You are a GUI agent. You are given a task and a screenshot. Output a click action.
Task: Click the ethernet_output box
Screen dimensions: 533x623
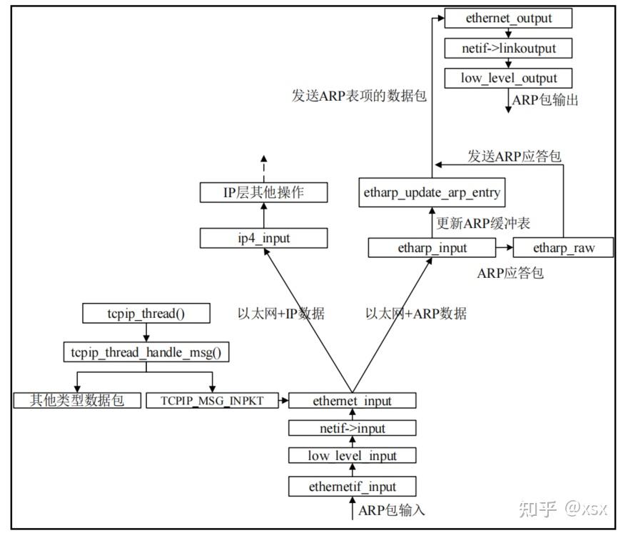point(508,19)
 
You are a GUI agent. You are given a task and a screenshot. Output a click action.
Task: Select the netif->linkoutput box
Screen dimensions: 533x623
point(508,49)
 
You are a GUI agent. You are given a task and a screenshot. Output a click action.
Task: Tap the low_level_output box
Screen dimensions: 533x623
point(508,78)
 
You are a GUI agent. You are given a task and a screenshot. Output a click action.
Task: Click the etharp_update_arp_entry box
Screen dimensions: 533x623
point(432,193)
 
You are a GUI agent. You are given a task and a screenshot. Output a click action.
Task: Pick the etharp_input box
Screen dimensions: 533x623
point(432,248)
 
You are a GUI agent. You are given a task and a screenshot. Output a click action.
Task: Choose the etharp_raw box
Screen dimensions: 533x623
point(563,248)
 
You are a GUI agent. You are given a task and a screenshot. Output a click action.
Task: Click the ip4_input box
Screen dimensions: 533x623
point(263,238)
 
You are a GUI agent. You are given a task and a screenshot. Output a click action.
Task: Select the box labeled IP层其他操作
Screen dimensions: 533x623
point(263,192)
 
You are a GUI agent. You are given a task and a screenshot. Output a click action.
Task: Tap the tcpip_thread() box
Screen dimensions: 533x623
point(146,313)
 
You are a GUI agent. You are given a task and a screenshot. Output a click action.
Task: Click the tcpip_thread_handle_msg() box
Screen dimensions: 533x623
point(146,352)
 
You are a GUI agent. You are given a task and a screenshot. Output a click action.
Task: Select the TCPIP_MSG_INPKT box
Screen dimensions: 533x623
point(211,400)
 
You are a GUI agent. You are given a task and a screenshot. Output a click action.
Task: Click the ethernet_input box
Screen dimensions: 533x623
point(352,401)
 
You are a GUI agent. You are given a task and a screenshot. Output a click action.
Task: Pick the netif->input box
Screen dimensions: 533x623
point(352,428)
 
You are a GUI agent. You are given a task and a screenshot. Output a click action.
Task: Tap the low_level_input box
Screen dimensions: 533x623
point(352,455)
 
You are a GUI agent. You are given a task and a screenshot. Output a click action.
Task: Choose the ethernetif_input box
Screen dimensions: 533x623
point(352,487)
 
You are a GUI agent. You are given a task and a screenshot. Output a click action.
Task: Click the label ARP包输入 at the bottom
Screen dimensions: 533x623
point(392,510)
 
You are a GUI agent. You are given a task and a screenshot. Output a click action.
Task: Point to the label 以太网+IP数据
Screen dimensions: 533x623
point(281,313)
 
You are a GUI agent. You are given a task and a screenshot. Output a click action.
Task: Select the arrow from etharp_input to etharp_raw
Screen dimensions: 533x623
point(504,248)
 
